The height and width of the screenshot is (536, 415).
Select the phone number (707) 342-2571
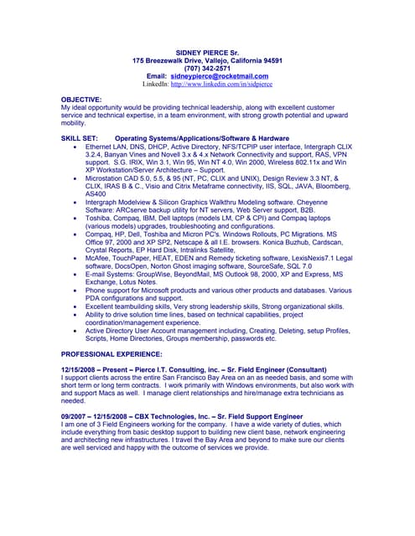click(x=207, y=68)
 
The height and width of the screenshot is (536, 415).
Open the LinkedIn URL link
click(x=221, y=85)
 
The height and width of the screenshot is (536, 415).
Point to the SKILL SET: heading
click(x=80, y=137)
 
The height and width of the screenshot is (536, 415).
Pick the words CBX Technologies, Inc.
click(x=168, y=416)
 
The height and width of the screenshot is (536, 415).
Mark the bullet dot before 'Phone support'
click(x=75, y=291)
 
